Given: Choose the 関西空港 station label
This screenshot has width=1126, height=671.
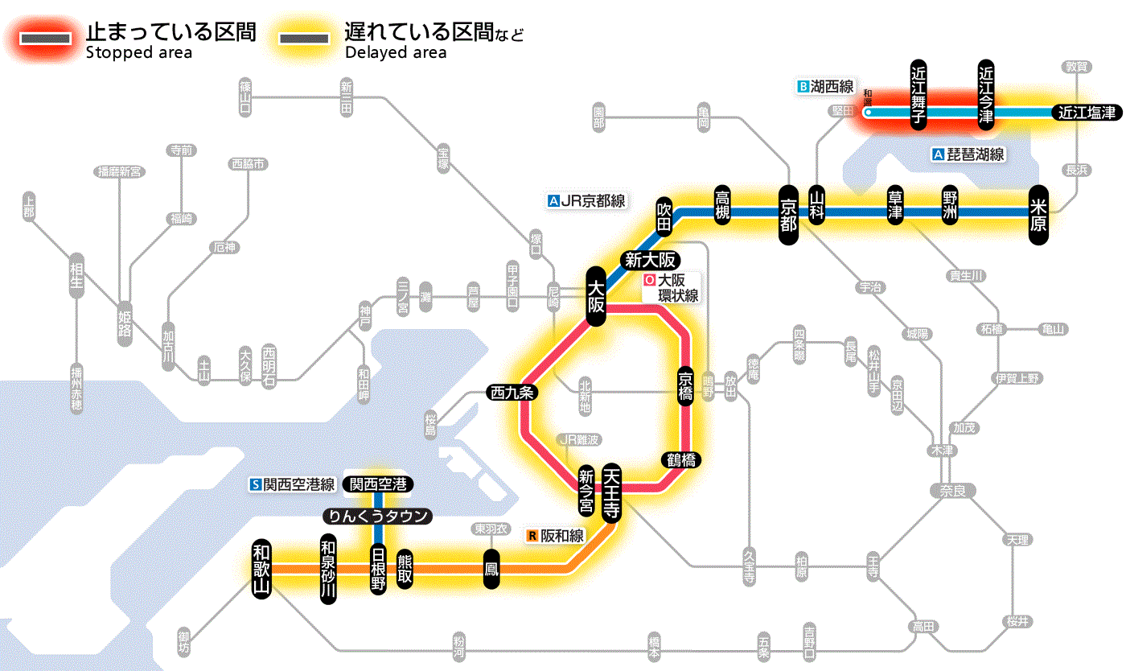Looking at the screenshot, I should pyautogui.click(x=378, y=484).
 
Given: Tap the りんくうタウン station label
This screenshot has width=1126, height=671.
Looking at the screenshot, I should pyautogui.click(x=377, y=516).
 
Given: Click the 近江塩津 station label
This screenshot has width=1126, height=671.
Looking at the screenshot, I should pyautogui.click(x=1087, y=113).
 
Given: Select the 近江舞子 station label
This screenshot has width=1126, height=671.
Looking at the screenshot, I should pyautogui.click(x=918, y=94).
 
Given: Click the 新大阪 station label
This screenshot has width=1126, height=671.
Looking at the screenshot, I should pyautogui.click(x=651, y=260).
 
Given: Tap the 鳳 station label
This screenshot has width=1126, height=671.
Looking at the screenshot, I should pyautogui.click(x=491, y=569).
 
